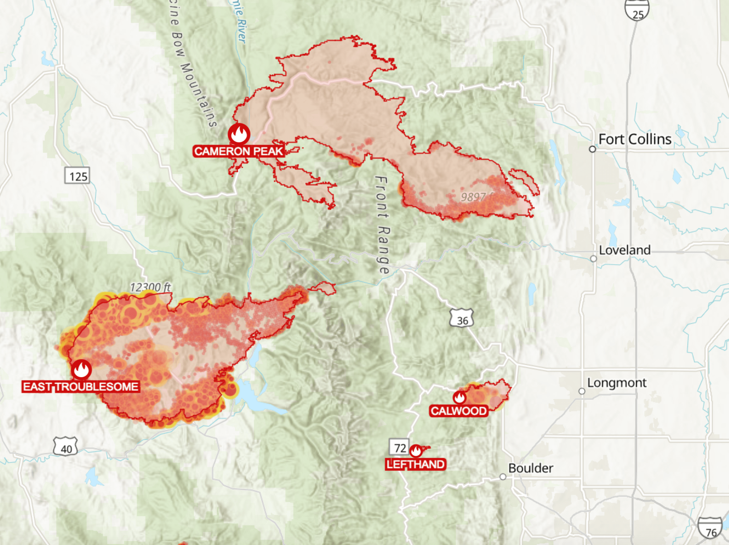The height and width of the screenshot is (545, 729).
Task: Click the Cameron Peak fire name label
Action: tap(239, 151)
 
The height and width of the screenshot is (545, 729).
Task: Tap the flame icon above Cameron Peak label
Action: tap(239, 134)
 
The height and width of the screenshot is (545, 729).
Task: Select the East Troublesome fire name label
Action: tap(81, 386)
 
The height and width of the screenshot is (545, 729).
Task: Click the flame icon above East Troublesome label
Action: tap(81, 369)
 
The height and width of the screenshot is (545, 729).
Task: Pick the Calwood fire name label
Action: tap(459, 411)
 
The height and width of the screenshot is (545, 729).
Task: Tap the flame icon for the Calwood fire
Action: tap(459, 397)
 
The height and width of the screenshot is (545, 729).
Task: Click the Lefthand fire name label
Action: tap(415, 464)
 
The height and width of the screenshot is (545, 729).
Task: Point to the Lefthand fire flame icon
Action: tap(416, 451)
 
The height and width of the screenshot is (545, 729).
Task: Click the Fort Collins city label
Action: tap(634, 139)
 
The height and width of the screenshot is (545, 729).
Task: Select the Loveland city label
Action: tap(624, 250)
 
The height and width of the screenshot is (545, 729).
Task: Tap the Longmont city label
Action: tap(617, 383)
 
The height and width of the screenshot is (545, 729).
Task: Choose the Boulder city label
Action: tap(530, 468)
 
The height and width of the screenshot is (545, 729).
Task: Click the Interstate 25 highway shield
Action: tap(637, 11)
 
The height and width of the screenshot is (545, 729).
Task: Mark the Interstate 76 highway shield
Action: tap(710, 528)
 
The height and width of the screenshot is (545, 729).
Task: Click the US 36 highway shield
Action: tap(462, 318)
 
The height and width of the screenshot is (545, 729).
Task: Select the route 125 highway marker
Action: tap(77, 176)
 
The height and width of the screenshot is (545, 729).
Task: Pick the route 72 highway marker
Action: tap(399, 447)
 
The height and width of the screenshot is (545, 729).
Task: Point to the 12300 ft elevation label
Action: tap(150, 287)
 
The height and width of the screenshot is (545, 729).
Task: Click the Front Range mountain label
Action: tap(383, 225)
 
